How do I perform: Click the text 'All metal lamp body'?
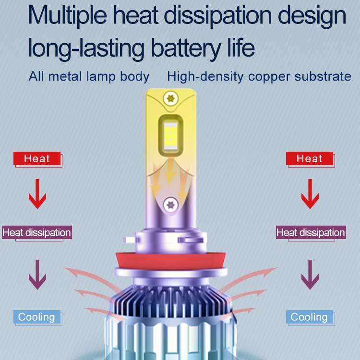tap(89, 76)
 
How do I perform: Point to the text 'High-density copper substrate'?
tap(259, 76)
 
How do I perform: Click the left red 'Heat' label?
tap(37, 158)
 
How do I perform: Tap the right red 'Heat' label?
tap(310, 158)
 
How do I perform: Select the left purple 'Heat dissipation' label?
tap(36, 233)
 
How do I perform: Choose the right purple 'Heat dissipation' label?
tap(311, 233)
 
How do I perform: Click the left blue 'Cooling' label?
tap(36, 317)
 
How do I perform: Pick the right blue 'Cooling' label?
tap(309, 317)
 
